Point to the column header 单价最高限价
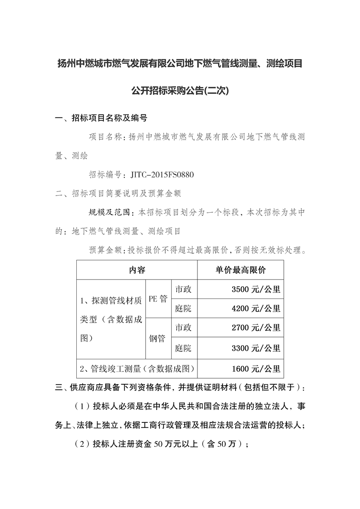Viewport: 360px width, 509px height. (241, 270)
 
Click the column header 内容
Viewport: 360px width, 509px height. (137, 270)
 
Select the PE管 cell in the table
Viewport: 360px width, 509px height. (158, 299)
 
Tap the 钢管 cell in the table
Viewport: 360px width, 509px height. (158, 338)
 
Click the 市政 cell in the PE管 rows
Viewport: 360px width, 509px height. (183, 289)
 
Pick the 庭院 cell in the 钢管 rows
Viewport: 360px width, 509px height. (183, 348)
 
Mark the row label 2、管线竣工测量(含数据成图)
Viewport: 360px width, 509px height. (137, 368)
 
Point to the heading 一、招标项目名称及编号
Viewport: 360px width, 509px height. (101, 119)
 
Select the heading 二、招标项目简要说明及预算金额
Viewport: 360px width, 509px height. (118, 193)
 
